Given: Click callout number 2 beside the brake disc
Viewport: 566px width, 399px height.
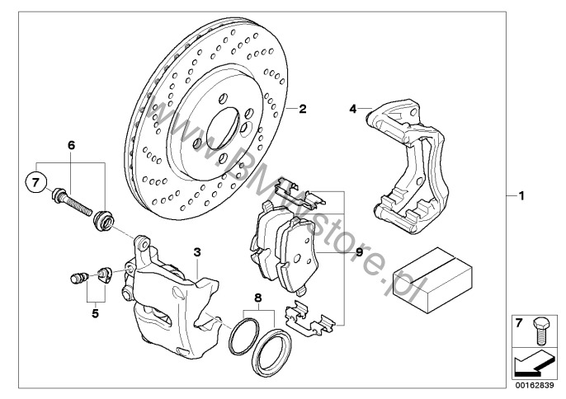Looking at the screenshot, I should point(303,108).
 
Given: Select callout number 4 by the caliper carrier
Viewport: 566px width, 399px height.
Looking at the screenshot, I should point(353,108).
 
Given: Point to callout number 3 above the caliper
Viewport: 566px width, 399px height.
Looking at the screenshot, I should point(196,252).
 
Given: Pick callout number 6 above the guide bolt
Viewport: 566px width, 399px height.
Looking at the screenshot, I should point(71,145).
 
